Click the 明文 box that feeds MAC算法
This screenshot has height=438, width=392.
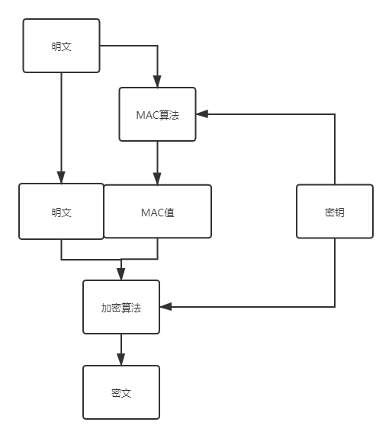pyautogui.click(x=61, y=46)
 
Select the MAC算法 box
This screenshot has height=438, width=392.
pyautogui.click(x=157, y=114)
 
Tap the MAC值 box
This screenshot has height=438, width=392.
pyautogui.click(x=157, y=212)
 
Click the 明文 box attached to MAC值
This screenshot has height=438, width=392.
pyautogui.click(x=61, y=212)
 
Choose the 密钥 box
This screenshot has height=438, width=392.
pyautogui.click(x=335, y=212)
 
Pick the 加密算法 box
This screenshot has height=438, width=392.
pyautogui.click(x=121, y=307)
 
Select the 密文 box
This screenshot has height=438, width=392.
pyautogui.click(x=121, y=392)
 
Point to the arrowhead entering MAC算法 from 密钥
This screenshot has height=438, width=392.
pyautogui.click(x=202, y=114)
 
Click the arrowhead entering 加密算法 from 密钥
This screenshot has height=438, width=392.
pyautogui.click(x=165, y=307)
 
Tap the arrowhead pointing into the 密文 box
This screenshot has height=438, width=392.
pyautogui.click(x=121, y=360)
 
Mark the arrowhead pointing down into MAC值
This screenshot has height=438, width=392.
pyautogui.click(x=157, y=178)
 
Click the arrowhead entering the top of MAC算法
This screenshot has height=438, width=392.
pyautogui.click(x=157, y=82)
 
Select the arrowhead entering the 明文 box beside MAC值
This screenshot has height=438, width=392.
pyautogui.click(x=61, y=177)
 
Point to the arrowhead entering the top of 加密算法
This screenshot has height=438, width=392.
pyautogui.click(x=121, y=274)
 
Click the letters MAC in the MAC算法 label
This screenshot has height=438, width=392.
pyautogui.click(x=147, y=115)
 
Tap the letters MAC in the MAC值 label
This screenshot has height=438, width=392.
pyautogui.click(x=153, y=213)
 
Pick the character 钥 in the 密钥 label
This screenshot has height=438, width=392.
pyautogui.click(x=339, y=213)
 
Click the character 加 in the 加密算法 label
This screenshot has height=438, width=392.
pyautogui.click(x=106, y=308)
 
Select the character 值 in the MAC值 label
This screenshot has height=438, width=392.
pyautogui.click(x=169, y=213)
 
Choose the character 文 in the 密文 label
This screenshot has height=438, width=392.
pyautogui.click(x=127, y=393)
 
